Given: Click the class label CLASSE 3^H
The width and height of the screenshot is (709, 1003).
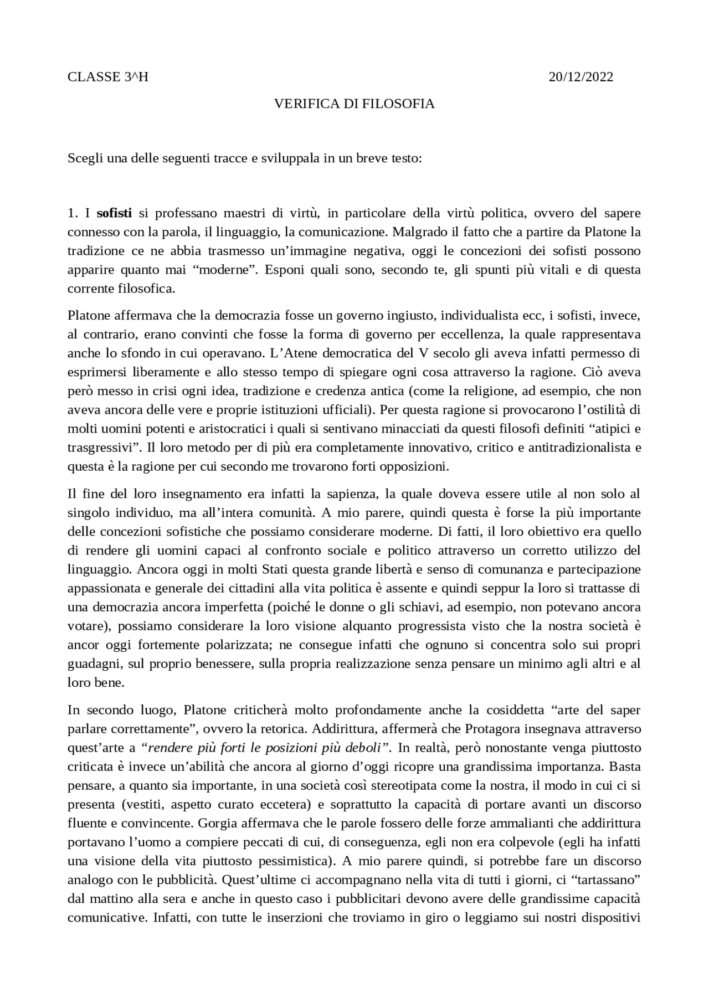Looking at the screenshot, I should pyautogui.click(x=108, y=77).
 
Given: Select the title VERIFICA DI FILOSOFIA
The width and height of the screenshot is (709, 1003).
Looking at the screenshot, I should pyautogui.click(x=354, y=104).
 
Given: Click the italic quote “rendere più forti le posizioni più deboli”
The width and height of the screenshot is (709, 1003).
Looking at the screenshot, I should pyautogui.click(x=266, y=748).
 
